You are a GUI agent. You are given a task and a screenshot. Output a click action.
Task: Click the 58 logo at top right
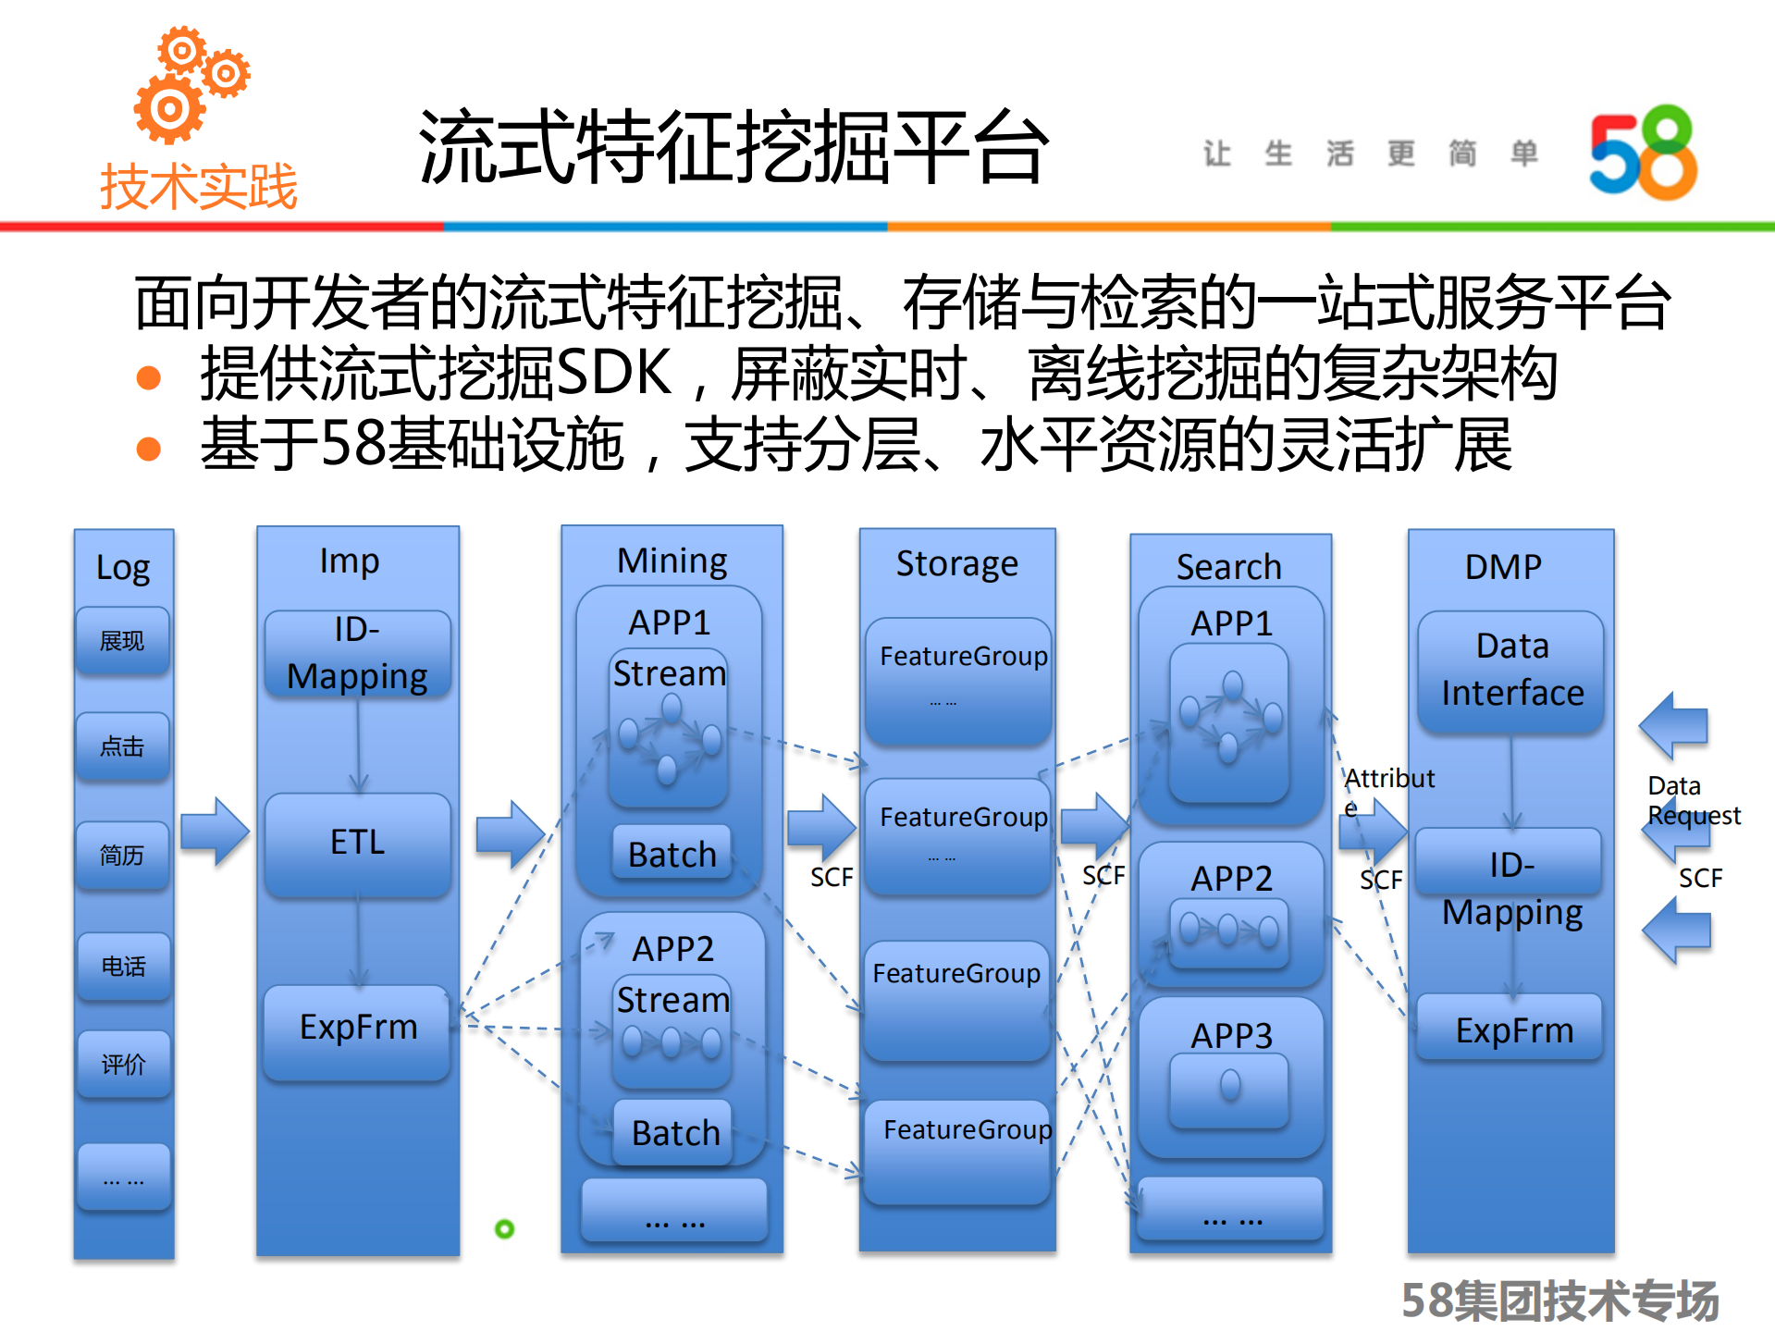click(1643, 153)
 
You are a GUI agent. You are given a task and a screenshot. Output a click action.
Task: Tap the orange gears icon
click(190, 85)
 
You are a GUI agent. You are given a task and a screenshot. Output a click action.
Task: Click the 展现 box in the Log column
click(122, 640)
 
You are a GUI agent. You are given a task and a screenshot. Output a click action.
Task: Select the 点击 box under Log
click(122, 746)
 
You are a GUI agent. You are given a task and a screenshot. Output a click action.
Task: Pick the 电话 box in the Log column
click(123, 966)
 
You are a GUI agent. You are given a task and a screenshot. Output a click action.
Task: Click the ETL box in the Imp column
click(358, 843)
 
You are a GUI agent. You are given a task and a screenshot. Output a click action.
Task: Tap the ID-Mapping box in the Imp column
click(357, 653)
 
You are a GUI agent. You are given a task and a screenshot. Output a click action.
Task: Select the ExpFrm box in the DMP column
click(1513, 1029)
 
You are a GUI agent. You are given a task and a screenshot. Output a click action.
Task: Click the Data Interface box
click(1511, 670)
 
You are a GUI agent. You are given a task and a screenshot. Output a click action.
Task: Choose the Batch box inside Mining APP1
click(672, 854)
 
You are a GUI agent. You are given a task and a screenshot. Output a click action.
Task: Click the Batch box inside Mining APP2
click(674, 1132)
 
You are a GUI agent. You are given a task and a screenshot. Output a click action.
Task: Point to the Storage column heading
click(956, 563)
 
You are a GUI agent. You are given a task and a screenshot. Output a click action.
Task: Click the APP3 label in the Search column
click(1231, 1035)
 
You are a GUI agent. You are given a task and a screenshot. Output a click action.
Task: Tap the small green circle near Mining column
click(504, 1228)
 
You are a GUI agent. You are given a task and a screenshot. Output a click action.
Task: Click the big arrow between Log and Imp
click(215, 831)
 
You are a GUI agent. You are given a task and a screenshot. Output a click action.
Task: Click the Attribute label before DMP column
click(1388, 779)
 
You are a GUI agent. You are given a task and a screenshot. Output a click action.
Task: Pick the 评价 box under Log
click(123, 1064)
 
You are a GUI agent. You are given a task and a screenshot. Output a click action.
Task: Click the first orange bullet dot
click(148, 377)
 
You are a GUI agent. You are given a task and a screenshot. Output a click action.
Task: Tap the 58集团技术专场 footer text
click(1559, 1300)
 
